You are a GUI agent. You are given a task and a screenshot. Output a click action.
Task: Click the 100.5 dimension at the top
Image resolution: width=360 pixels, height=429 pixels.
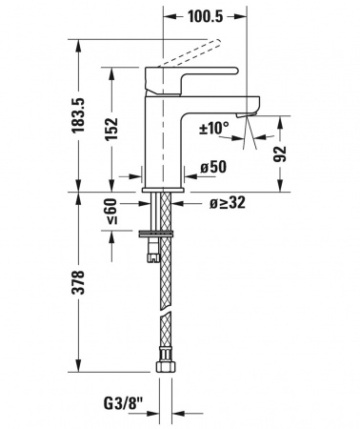(x=206, y=16)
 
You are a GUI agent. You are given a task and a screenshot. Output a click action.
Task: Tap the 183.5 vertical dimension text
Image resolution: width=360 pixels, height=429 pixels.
(x=78, y=115)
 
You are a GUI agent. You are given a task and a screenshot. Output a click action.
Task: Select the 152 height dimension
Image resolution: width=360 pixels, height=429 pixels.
(x=111, y=129)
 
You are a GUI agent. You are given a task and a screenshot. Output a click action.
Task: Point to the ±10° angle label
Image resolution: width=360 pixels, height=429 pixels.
(x=214, y=128)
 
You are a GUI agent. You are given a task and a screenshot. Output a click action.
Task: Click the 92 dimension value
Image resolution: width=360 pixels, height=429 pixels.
(x=280, y=153)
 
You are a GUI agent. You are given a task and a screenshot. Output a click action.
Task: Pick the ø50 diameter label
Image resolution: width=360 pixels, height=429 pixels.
(x=213, y=167)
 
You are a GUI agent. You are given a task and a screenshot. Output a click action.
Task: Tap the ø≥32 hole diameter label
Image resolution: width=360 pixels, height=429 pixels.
(x=228, y=202)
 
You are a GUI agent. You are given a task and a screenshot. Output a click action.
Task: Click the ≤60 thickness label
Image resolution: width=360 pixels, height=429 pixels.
(x=111, y=212)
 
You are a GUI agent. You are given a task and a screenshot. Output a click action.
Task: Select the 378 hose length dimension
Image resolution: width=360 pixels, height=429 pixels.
(x=78, y=283)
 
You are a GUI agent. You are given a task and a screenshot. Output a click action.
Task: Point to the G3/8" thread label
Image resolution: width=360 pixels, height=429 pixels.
(x=124, y=404)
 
